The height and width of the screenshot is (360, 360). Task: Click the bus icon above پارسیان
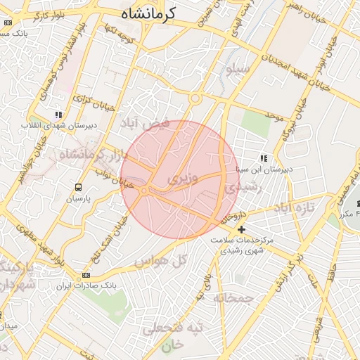[x=78, y=188]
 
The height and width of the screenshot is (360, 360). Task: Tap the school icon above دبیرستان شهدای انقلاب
[x=59, y=114]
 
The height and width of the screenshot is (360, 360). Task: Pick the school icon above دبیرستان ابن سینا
[x=263, y=159]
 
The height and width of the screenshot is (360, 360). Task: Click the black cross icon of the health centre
[x=241, y=229]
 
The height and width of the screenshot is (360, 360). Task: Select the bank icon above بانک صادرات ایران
[x=86, y=275]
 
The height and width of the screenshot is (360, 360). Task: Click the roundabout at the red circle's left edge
[x=143, y=191]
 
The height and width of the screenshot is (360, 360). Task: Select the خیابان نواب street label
[x=113, y=184]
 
